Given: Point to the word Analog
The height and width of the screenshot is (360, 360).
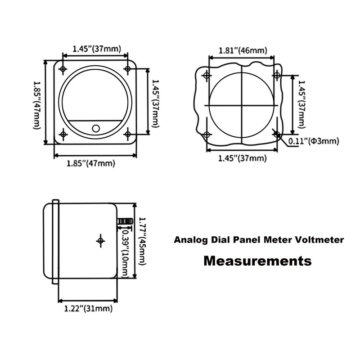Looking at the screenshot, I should pos(190,240).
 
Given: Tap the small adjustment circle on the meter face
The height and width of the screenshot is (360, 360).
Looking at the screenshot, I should pos(95,128).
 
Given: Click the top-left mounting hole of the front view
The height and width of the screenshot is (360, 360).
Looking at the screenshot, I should pos(63,69).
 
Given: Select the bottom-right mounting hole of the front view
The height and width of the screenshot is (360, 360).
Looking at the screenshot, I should pos(128,134).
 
